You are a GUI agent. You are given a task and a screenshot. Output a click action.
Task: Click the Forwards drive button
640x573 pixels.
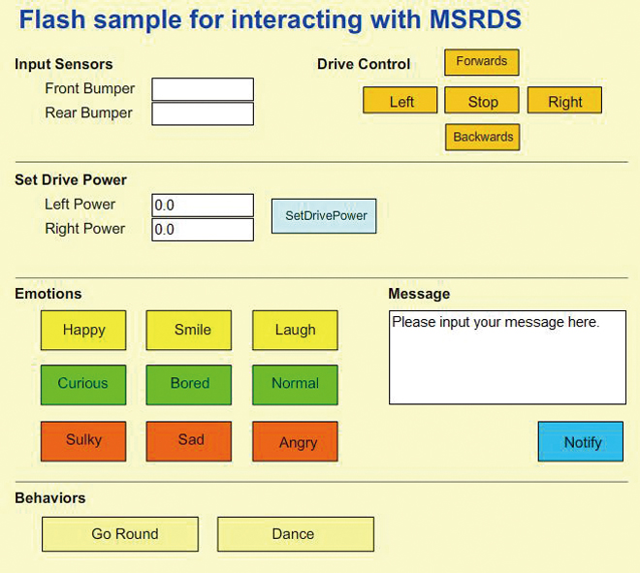(482, 62)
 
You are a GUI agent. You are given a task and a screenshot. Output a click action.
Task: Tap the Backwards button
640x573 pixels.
(483, 137)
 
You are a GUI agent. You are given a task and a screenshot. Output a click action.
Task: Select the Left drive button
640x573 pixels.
(400, 100)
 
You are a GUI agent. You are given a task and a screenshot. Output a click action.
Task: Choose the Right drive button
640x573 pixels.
(564, 100)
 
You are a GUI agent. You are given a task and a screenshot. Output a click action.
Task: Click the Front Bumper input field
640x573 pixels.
(203, 89)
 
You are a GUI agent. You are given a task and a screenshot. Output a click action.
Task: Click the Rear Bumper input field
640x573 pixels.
(203, 113)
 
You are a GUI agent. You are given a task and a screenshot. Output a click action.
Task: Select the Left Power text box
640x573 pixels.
(203, 206)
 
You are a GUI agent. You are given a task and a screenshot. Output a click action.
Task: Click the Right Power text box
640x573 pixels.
(203, 230)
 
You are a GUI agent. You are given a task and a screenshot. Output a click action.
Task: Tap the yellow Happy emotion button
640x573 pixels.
(83, 331)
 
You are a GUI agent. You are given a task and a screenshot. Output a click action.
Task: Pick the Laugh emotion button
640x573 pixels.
(295, 331)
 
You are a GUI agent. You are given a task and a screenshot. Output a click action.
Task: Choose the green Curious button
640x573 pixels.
(83, 385)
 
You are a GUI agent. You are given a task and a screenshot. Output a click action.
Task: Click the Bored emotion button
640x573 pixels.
(189, 385)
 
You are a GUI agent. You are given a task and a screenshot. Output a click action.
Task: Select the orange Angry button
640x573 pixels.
(295, 441)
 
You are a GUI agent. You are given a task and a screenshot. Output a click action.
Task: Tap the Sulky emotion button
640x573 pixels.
(83, 441)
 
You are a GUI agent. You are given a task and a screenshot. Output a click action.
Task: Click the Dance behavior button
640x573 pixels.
(296, 534)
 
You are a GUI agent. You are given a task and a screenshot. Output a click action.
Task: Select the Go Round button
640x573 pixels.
(120, 534)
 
